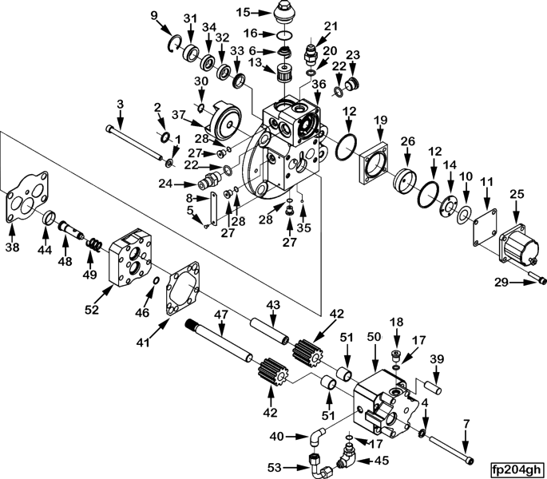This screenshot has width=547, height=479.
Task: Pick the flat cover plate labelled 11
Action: click(483, 215)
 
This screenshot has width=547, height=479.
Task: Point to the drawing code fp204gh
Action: click(517, 469)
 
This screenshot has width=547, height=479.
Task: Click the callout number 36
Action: click(318, 82)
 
